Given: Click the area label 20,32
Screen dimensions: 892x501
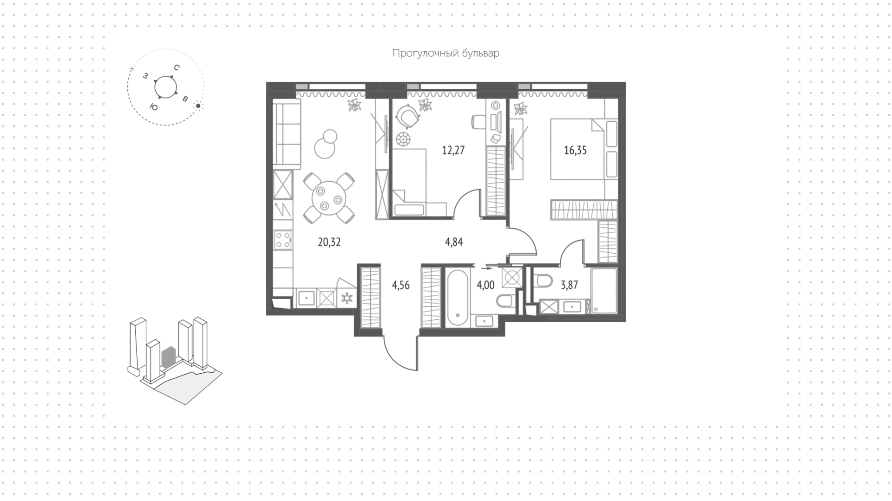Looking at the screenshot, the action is (x=329, y=242).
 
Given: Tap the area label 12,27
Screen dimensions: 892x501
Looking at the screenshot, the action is (x=453, y=150).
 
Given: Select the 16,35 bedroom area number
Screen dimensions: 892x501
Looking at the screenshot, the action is (x=575, y=150).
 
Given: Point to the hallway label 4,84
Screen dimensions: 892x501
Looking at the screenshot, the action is (x=454, y=242).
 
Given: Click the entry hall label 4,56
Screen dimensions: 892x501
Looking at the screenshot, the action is (x=400, y=285).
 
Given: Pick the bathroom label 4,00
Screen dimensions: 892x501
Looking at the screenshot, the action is (x=485, y=285).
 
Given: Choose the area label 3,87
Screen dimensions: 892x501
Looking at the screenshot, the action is (x=569, y=285).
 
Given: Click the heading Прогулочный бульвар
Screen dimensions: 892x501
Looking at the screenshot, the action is (x=446, y=53).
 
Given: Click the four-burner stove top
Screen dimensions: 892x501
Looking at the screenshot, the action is (x=283, y=240).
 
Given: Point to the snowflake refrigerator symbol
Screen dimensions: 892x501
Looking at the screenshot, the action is (x=347, y=298).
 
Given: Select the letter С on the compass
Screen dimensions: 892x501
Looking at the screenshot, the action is (x=177, y=67).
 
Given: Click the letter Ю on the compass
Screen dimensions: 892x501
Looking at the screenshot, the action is (x=153, y=107).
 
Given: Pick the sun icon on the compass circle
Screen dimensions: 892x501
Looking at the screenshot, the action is (x=198, y=106).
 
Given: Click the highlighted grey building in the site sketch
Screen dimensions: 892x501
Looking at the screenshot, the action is (x=168, y=357).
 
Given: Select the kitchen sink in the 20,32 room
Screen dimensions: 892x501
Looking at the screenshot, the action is (x=307, y=297).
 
